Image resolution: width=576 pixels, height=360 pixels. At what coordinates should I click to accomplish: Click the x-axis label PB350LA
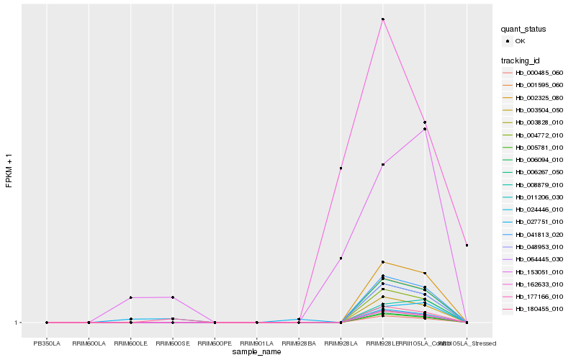tap(47, 343)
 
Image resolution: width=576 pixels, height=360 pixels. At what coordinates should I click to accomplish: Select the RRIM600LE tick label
tap(130, 343)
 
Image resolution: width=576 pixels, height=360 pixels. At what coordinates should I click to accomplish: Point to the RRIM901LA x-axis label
tap(257, 343)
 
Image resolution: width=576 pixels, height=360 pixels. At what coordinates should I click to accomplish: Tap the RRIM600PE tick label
tap(215, 343)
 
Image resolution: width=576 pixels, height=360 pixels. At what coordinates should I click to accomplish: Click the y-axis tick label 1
tap(17, 323)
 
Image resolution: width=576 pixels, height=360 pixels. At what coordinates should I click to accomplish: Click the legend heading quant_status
tap(523, 29)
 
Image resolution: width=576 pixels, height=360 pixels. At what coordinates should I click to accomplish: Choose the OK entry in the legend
tap(520, 41)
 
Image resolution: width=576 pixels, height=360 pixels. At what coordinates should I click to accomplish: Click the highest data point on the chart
tap(383, 19)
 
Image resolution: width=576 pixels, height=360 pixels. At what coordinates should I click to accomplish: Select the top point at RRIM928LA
tap(341, 168)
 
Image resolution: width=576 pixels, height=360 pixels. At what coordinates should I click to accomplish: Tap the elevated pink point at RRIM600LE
tap(131, 297)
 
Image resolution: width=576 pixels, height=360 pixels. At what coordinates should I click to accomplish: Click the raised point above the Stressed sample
tap(467, 246)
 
